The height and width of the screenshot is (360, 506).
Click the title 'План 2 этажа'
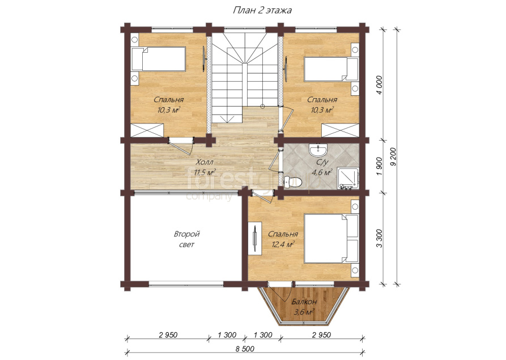pyautogui.click(x=262, y=10)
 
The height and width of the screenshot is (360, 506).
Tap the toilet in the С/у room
pyautogui.click(x=293, y=182)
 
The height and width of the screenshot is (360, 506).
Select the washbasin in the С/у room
pyautogui.click(x=318, y=150)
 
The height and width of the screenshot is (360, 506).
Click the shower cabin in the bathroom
pyautogui.click(x=348, y=178)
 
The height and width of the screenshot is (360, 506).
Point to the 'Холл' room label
pyautogui.click(x=205, y=162)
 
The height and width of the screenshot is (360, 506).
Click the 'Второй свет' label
pyautogui.click(x=187, y=239)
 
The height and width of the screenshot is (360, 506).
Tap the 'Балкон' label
pyautogui.click(x=304, y=302)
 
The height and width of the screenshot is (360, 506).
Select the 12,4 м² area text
pyautogui.click(x=283, y=245)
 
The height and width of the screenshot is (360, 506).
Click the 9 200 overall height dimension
pyautogui.click(x=393, y=159)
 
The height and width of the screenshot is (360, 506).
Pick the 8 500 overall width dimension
pyautogui.click(x=244, y=349)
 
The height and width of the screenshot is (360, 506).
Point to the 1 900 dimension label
pyautogui.click(x=379, y=167)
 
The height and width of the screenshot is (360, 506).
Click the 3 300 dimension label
pyautogui.click(x=379, y=238)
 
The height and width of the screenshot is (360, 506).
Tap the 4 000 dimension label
pyautogui.click(x=379, y=85)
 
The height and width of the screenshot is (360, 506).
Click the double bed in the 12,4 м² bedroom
pyautogui.click(x=331, y=239)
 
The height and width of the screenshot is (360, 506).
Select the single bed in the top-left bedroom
pyautogui.click(x=158, y=59)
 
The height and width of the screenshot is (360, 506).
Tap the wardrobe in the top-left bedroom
pyautogui.click(x=147, y=130)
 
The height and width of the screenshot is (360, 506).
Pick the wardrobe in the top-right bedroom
pyautogui.click(x=341, y=130)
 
